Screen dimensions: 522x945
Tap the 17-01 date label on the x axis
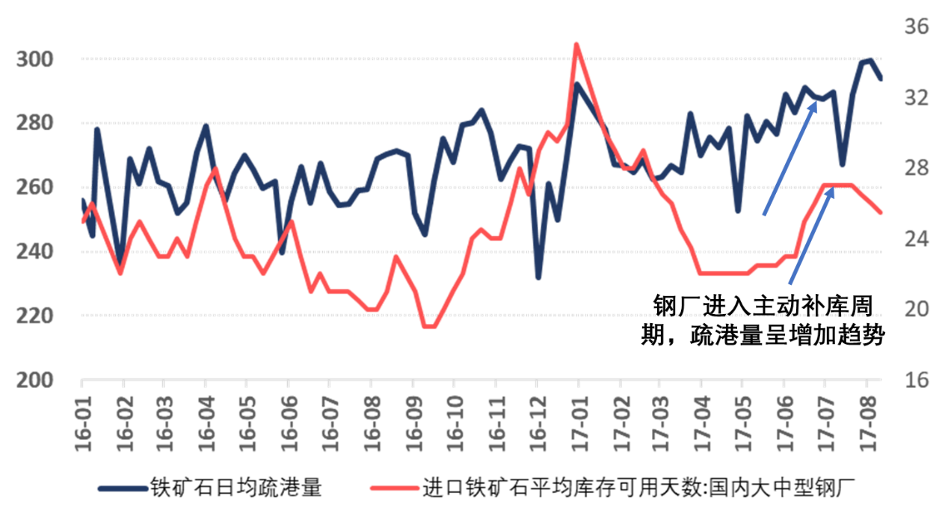tap(577, 424)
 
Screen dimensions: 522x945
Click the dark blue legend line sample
tap(123, 488)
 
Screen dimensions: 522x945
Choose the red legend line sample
tap(395, 488)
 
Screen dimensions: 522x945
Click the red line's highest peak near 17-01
tap(576, 45)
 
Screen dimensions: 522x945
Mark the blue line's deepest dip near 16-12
tap(538, 277)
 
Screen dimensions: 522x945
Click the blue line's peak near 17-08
tap(867, 60)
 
